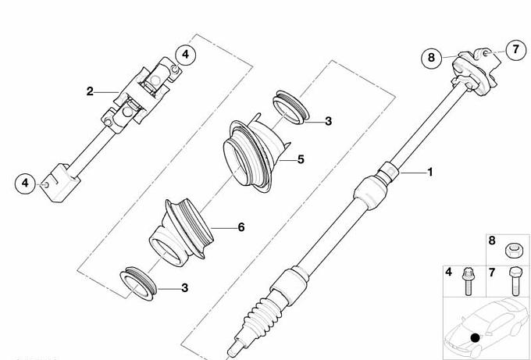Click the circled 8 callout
click(x=431, y=58)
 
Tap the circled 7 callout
click(x=515, y=50)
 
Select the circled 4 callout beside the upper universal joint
click(x=185, y=54)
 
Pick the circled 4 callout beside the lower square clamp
click(x=26, y=184)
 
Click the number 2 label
click(x=90, y=91)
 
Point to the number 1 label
click(x=430, y=172)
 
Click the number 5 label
click(x=301, y=159)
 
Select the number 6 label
click(x=241, y=227)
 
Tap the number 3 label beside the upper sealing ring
click(x=328, y=121)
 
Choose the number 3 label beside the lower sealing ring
click(x=184, y=288)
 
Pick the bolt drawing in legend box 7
click(x=514, y=281)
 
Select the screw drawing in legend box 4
click(x=468, y=281)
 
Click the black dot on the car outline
click(x=476, y=337)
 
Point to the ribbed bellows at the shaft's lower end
click(x=263, y=315)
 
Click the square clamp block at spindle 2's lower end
click(x=60, y=183)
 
